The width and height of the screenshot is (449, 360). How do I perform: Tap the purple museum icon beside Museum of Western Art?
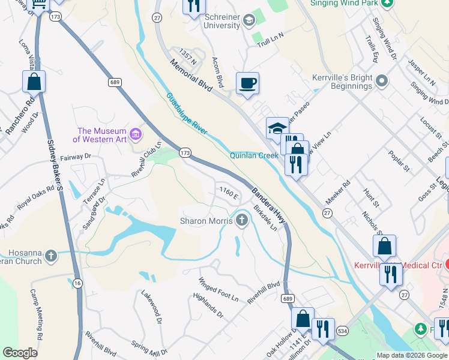tap(136, 132)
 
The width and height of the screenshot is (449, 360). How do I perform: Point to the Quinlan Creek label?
tap(254, 155)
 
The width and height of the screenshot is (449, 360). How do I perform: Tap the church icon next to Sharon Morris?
tap(242, 220)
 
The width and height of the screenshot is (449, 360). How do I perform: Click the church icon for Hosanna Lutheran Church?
tap(51, 257)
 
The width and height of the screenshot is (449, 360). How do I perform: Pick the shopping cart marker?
tap(39, 5)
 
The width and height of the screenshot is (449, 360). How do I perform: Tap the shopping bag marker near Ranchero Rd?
tap(34, 81)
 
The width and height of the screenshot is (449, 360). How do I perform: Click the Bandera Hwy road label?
tap(268, 208)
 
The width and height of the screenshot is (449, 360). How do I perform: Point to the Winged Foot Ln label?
tap(218, 290)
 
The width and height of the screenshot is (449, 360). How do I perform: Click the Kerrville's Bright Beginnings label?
tap(342, 82)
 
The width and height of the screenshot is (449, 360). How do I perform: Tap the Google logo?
tap(20, 353)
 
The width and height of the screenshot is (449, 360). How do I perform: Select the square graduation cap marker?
tap(277, 127)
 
